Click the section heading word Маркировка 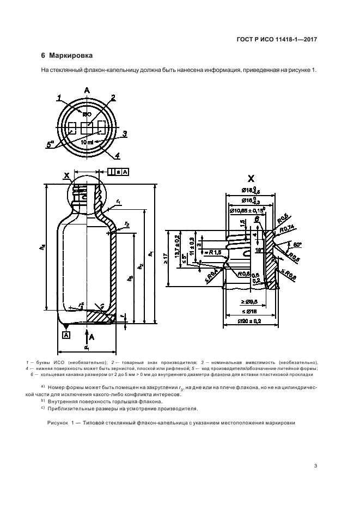[x=71, y=56]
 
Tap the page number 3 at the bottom [x=316, y=465]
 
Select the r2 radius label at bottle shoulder [x=126, y=224]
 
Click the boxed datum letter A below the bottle [x=66, y=336]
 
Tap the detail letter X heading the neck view [x=251, y=178]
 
